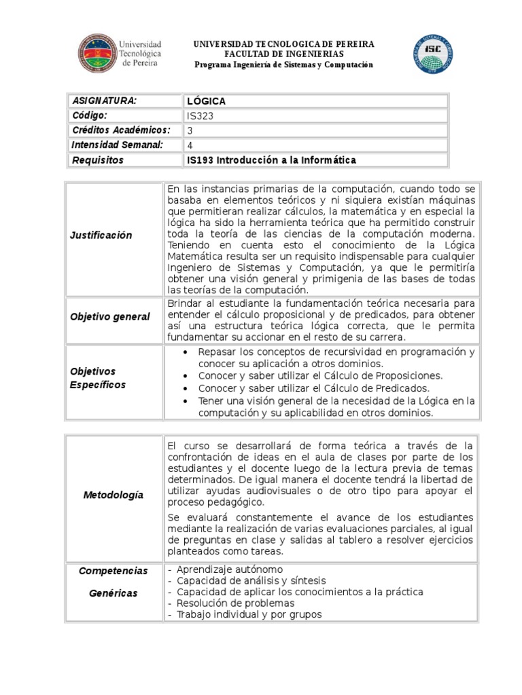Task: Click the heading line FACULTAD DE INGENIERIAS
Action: tap(284, 54)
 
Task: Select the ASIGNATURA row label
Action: tap(105, 100)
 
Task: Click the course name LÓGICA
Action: tap(206, 101)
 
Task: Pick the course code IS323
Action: tap(201, 116)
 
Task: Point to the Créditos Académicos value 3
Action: tap(190, 130)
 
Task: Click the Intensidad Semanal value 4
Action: tap(190, 145)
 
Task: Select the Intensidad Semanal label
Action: tap(117, 145)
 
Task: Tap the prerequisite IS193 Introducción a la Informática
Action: tap(271, 160)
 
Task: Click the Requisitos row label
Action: tap(98, 160)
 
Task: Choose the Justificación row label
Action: tap(101, 235)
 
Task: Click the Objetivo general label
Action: tap(110, 318)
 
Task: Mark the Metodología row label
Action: tap(114, 495)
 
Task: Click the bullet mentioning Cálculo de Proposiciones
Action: tap(319, 375)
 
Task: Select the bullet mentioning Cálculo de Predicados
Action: tap(314, 388)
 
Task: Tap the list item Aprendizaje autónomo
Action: tap(230, 569)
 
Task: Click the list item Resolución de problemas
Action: tap(235, 603)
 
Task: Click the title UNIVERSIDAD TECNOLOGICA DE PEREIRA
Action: tap(284, 44)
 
